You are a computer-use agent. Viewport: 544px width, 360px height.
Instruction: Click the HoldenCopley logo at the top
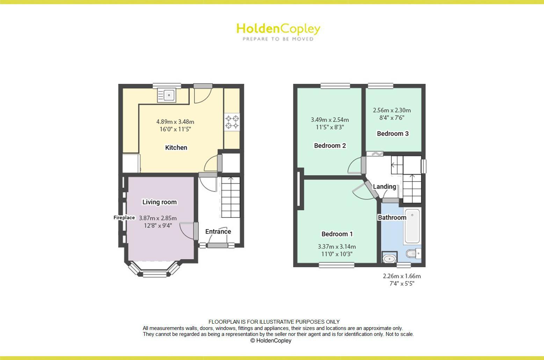coord(278,31)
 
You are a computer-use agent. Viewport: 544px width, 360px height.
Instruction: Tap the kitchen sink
coord(167,95)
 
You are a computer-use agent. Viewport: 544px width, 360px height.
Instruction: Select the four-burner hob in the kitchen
coord(232,122)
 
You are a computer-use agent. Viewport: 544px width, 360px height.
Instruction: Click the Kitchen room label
coord(176,148)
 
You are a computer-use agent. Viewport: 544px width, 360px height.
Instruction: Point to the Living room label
coord(159,202)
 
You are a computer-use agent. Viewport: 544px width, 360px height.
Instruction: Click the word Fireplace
coord(124,218)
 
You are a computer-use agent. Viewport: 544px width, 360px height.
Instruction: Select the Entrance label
coord(218,232)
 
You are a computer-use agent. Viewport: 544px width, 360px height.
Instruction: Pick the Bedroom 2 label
coord(330,146)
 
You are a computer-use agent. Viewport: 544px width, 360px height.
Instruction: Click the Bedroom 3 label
coord(393,133)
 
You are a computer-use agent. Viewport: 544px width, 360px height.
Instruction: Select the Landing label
coord(384,186)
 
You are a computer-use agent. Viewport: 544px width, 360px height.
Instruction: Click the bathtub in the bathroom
coord(412,226)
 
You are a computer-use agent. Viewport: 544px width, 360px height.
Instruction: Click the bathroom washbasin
coord(389,258)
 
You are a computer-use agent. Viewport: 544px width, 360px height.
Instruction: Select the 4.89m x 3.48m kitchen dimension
coord(175,122)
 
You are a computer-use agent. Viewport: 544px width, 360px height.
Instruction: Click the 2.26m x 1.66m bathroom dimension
coord(402,276)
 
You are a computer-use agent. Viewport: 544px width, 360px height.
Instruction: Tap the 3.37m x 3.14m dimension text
coord(337,247)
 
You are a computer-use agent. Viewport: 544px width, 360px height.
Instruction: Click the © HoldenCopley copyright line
coord(271,341)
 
